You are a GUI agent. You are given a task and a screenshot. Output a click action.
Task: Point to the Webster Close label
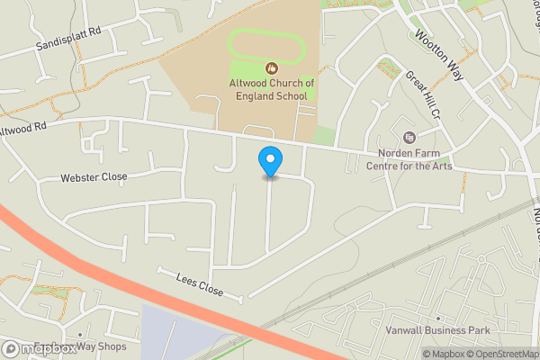[94, 177]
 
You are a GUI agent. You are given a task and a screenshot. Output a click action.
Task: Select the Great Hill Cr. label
[420, 98]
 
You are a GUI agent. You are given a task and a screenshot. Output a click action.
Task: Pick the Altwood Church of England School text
[271, 89]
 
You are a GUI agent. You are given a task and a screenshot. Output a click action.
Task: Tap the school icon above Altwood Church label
[271, 68]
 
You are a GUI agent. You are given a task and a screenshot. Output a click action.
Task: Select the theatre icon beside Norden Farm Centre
[409, 138]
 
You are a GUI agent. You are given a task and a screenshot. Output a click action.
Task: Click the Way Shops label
[101, 346]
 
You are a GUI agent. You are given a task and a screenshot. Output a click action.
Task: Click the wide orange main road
[135, 288]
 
